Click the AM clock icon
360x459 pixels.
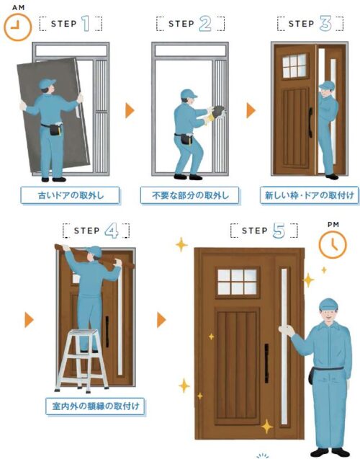17,27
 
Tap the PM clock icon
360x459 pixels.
333,244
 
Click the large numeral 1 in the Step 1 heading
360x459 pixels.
86,23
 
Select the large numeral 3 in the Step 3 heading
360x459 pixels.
325,23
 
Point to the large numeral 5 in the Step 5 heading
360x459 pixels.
279,230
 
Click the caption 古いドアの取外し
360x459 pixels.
70,195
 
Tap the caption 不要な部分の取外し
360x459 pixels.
190,195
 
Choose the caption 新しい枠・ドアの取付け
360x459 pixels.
310,195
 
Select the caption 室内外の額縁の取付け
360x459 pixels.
95,406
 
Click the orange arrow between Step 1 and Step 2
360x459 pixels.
130,110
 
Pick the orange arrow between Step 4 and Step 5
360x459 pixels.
161,320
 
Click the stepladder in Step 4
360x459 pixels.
82,360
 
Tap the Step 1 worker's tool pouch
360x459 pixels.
55,130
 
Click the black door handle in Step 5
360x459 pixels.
266,363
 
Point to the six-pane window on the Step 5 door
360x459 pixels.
237,282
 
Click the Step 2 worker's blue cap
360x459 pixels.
188,94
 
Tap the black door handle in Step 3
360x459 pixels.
310,122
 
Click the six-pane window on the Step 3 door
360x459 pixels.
294,66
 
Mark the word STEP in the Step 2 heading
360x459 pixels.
181,24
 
